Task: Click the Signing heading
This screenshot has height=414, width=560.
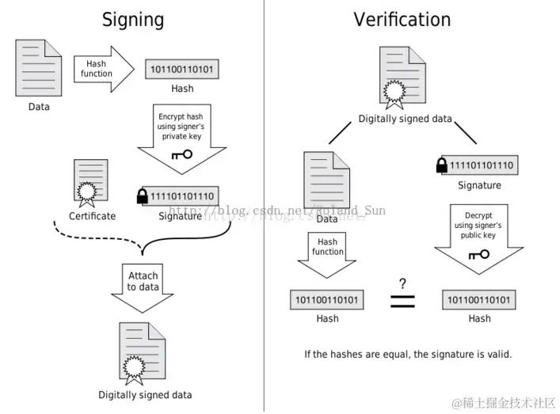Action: [132, 20]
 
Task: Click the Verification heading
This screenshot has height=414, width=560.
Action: [402, 20]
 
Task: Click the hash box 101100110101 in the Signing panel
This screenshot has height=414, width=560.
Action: [182, 69]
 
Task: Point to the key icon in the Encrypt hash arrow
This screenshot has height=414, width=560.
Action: [181, 154]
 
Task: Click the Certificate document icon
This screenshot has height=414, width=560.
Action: [91, 183]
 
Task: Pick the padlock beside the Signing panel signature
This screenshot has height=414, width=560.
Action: [143, 196]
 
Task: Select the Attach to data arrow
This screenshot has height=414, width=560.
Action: [143, 283]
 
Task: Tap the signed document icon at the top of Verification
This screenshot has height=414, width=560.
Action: [404, 77]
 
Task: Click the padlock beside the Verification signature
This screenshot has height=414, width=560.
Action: [442, 165]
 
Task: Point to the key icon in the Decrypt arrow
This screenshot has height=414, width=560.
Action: [478, 255]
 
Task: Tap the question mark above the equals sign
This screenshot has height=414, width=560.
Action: [402, 283]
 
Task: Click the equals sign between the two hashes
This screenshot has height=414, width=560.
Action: [402, 301]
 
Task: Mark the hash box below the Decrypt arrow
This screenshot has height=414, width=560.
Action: [479, 300]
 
